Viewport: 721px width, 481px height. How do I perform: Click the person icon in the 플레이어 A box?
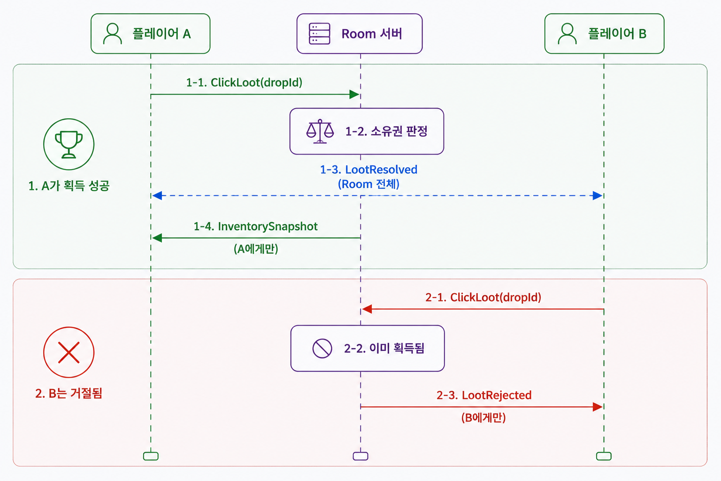(x=112, y=33)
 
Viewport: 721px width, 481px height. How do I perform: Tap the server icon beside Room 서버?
(x=319, y=33)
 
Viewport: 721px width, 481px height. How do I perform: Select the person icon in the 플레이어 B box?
(x=567, y=33)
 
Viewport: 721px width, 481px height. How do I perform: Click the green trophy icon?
(x=69, y=144)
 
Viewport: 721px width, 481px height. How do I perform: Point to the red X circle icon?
(x=69, y=352)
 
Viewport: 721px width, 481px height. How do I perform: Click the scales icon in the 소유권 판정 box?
(x=320, y=131)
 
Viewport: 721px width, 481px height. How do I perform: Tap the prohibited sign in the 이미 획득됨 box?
(x=322, y=348)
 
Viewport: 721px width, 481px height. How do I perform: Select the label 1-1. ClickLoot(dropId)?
(x=244, y=83)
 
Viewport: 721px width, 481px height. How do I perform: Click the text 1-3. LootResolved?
(x=368, y=170)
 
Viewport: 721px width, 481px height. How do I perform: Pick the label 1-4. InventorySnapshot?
(x=255, y=226)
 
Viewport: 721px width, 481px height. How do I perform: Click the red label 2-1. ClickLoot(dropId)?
(x=483, y=297)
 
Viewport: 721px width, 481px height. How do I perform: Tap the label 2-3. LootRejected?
(x=484, y=395)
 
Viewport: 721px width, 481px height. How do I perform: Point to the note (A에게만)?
(x=256, y=248)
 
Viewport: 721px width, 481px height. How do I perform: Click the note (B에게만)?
(x=483, y=418)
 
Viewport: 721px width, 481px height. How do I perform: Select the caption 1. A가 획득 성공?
(x=69, y=186)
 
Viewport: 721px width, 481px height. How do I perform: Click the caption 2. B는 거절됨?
(x=69, y=393)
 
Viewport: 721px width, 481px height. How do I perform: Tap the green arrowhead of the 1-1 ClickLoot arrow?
(x=354, y=94)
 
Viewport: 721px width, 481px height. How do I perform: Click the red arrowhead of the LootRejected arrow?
(x=598, y=407)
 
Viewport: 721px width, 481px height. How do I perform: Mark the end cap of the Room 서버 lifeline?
(x=360, y=456)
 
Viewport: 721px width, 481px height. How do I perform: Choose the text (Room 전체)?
(x=368, y=184)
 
